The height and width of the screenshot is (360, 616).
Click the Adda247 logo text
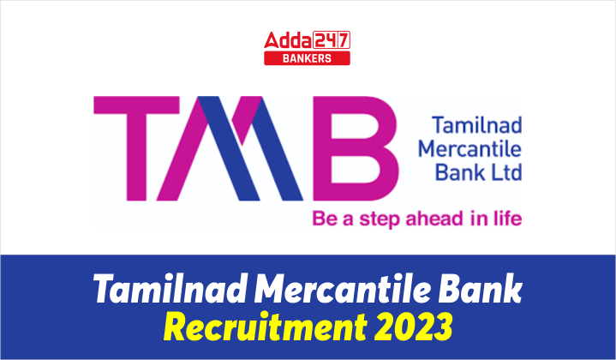(308, 40)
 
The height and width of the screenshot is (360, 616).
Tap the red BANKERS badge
(308, 58)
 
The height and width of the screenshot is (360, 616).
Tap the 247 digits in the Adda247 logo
(332, 39)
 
